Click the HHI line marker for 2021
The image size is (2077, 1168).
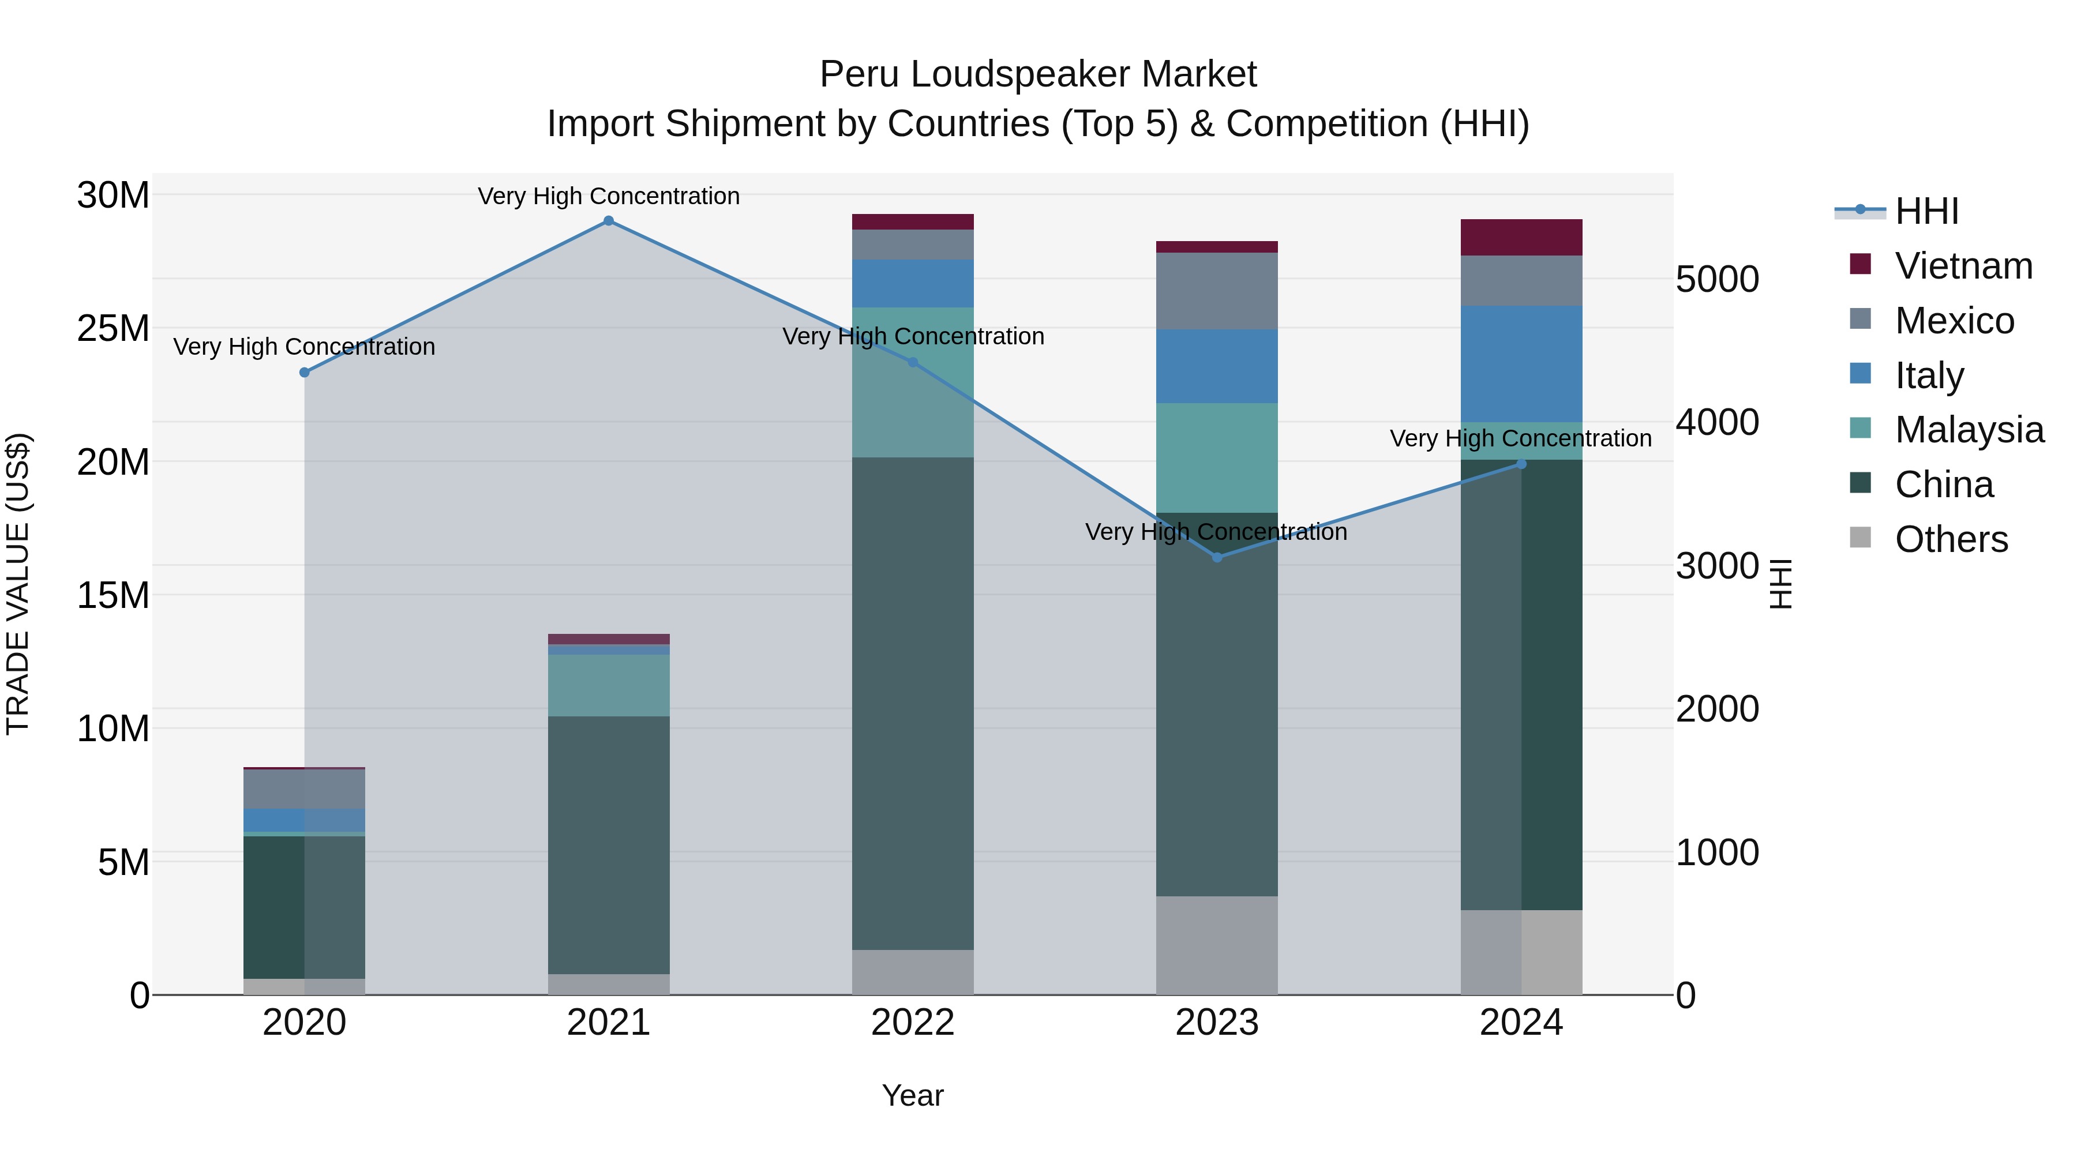coord(609,221)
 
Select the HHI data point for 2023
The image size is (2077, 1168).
coord(1217,557)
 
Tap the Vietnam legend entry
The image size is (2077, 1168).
coord(1963,266)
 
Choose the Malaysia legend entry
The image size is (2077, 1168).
coord(1969,430)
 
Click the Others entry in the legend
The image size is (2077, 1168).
coord(1951,539)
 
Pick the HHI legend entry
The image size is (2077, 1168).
coord(1926,211)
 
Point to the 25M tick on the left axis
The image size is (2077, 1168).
coord(113,328)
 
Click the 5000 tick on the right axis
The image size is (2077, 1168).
coord(1716,280)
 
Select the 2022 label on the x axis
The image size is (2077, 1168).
coord(913,1023)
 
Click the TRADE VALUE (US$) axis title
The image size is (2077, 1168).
coord(18,584)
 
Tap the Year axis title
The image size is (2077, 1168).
coord(913,1095)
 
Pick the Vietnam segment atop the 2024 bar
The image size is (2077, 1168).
coord(1521,237)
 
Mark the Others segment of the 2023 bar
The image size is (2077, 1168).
coord(1217,945)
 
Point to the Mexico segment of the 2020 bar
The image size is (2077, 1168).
coord(304,788)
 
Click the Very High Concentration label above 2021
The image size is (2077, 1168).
coord(609,196)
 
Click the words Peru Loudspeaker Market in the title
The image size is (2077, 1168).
coord(1038,74)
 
